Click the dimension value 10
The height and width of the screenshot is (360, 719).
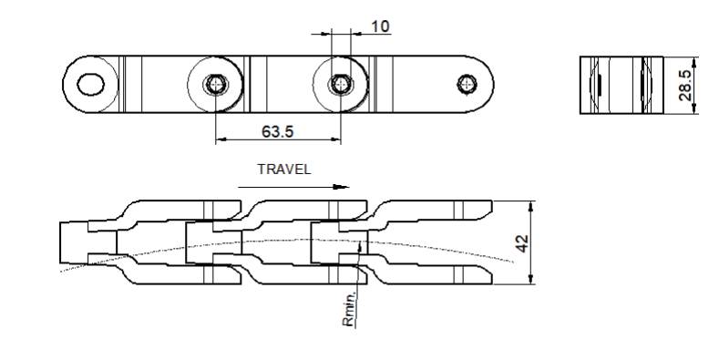point(380,26)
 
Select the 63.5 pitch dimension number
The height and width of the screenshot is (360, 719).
point(277,131)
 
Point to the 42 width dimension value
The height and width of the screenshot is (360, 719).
point(522,243)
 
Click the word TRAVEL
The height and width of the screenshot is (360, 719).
point(283,170)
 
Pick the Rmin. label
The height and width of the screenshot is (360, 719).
point(348,309)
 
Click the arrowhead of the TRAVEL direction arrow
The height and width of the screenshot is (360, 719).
point(341,187)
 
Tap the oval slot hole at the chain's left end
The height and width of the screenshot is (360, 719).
point(91,85)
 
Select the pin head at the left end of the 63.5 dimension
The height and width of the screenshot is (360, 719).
point(215,85)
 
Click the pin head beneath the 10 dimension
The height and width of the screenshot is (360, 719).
point(341,85)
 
